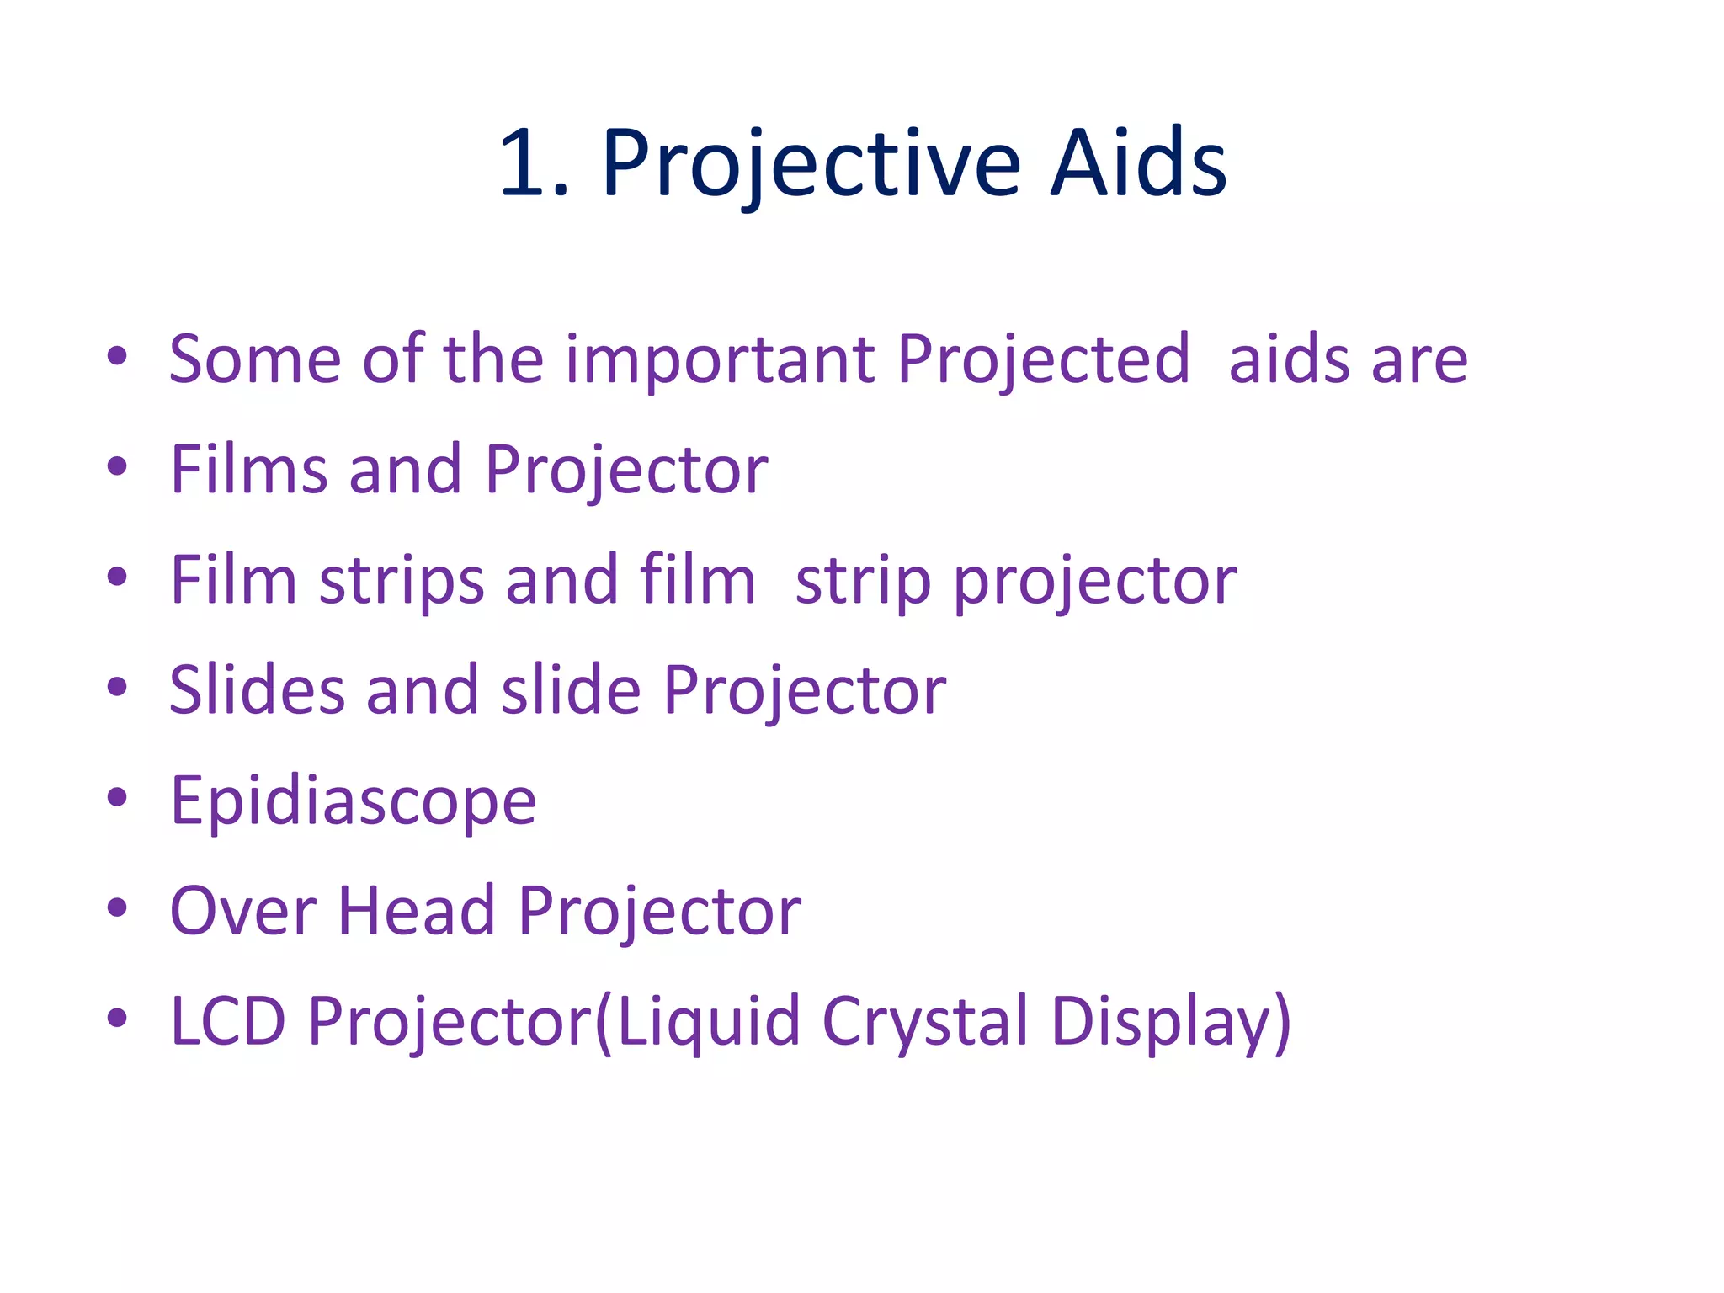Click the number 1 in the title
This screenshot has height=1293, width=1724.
[524, 163]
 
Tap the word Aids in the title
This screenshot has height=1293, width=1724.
[1138, 163]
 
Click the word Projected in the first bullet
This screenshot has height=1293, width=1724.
[1043, 360]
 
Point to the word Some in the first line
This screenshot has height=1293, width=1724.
[254, 360]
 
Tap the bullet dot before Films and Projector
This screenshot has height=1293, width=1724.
[117, 466]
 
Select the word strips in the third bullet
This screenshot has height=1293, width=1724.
[402, 581]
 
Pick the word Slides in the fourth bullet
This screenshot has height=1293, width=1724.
[257, 690]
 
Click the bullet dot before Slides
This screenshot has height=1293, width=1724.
[117, 686]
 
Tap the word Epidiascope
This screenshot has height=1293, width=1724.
[353, 801]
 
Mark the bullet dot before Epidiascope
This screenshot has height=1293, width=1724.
[117, 796]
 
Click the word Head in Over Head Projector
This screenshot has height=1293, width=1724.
[417, 911]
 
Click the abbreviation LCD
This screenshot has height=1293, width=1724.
[228, 1021]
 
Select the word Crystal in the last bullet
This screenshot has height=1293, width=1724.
[925, 1022]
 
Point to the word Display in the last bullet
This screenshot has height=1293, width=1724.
[1161, 1022]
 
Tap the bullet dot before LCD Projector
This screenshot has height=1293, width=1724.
[117, 1017]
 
